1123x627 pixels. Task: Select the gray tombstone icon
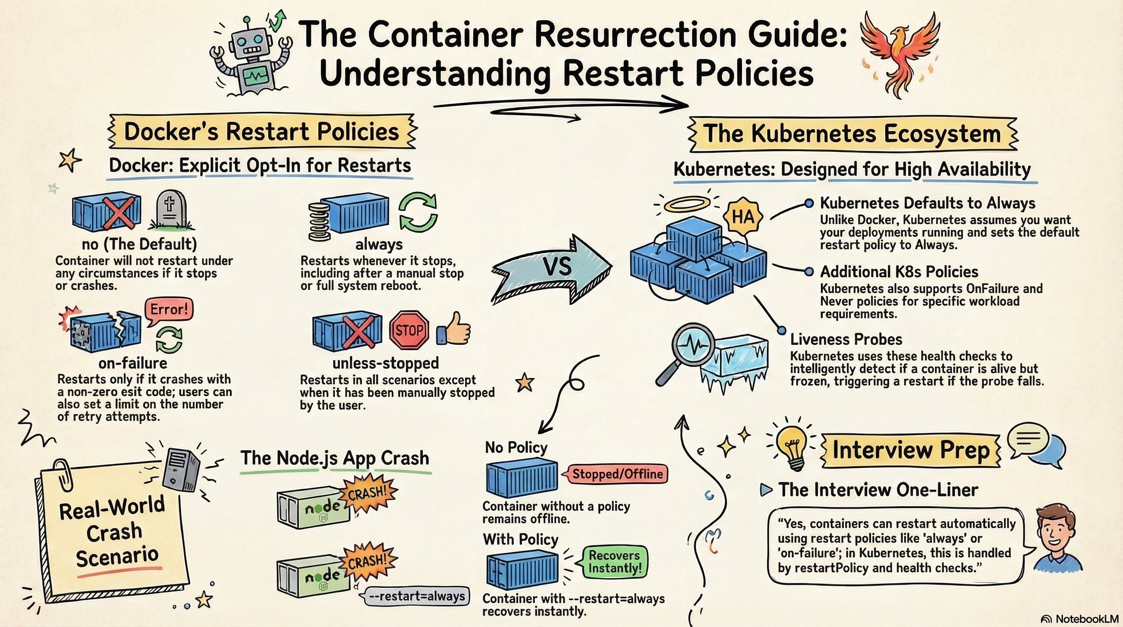(171, 211)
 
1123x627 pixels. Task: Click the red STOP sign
(408, 330)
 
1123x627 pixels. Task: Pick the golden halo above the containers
(683, 205)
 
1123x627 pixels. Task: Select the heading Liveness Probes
(846, 339)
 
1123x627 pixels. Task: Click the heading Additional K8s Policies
(899, 271)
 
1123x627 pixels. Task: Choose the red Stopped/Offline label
(617, 474)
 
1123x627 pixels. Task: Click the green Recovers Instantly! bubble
(614, 562)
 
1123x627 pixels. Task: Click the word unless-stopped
(385, 363)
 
